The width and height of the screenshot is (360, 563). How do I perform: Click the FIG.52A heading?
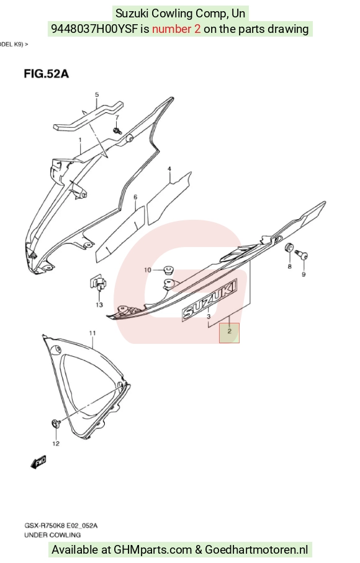coord(47,74)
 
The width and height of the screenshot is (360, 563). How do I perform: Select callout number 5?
coord(97,95)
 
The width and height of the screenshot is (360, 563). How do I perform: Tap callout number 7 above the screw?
coord(117,118)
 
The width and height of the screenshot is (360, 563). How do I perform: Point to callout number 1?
coord(81,140)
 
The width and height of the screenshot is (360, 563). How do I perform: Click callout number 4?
coord(169,169)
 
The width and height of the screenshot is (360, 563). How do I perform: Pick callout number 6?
coord(135,197)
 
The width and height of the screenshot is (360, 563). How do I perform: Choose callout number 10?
coord(148,270)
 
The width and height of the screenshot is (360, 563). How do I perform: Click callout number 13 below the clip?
coord(99,305)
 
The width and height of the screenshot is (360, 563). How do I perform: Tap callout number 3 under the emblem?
coord(209,317)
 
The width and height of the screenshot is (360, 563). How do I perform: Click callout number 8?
coord(289,266)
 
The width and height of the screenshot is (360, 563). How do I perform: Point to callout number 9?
coord(304,274)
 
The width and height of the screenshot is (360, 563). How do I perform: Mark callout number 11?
coord(92,333)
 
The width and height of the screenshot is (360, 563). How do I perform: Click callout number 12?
coord(56,443)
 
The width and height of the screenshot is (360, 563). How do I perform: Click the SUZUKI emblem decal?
coord(210,299)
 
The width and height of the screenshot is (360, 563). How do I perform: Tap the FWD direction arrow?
coord(38,462)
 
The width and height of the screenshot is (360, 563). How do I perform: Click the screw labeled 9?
coord(302,255)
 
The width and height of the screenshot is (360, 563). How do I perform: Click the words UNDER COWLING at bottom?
coord(52,535)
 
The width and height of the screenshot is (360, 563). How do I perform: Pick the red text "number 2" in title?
coord(176,29)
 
